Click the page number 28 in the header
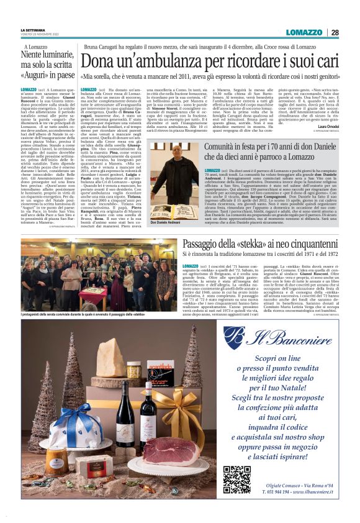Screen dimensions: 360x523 335,32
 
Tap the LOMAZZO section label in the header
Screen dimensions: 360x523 304,32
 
